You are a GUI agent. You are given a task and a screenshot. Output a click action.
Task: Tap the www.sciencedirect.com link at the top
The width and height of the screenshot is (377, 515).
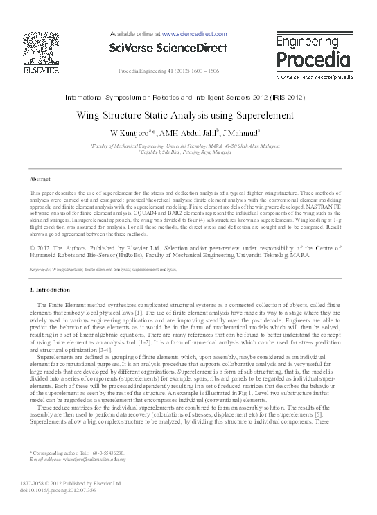(194, 33)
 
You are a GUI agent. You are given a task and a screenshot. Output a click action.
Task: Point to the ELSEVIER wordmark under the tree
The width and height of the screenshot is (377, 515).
(40, 71)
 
